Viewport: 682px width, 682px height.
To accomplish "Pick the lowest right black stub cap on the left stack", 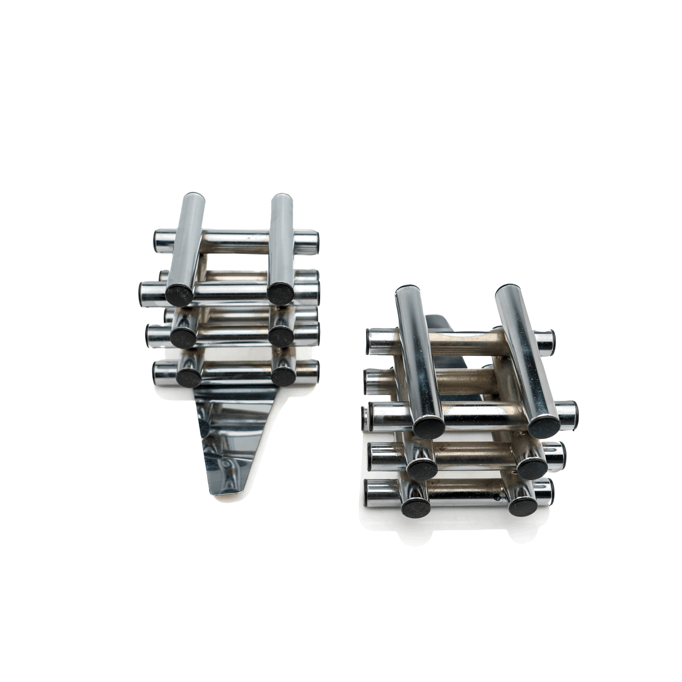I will [x=283, y=375].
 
